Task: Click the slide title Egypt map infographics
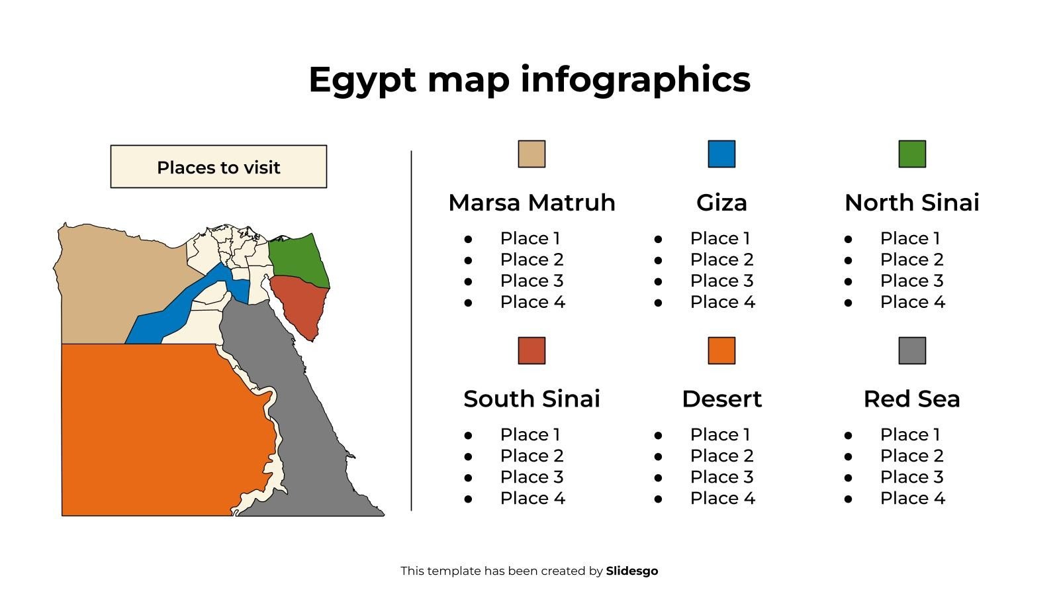point(529,79)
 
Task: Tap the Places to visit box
point(218,167)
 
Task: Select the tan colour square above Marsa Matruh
point(531,154)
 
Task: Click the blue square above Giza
point(721,154)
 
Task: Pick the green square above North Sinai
point(912,154)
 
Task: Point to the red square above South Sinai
point(531,350)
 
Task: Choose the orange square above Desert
point(721,350)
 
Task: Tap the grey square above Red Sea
point(912,350)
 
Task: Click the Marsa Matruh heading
point(531,203)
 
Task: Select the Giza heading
point(721,203)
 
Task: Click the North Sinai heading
point(912,203)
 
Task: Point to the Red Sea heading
point(912,399)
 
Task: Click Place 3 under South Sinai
point(531,477)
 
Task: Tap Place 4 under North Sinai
point(912,302)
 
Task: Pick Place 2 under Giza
point(721,260)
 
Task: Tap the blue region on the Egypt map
point(179,305)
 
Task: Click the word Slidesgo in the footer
point(632,571)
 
